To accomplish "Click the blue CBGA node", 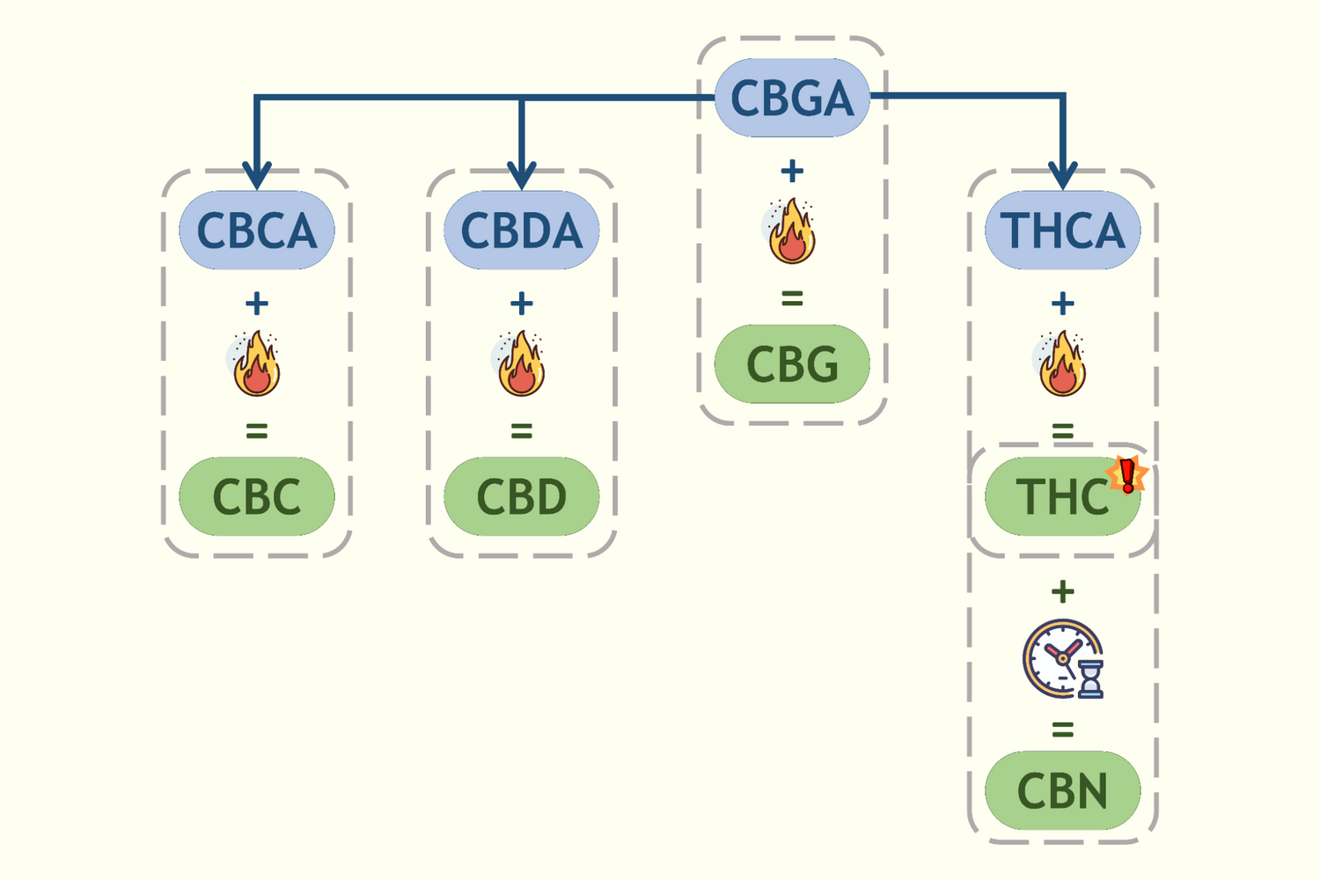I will pyautogui.click(x=792, y=98).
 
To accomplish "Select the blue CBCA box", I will pyautogui.click(x=256, y=231).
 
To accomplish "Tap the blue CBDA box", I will pyautogui.click(x=521, y=231).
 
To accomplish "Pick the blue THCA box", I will pyautogui.click(x=1062, y=231).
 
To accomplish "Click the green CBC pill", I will pyautogui.click(x=256, y=496).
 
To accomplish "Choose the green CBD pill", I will pyautogui.click(x=521, y=496).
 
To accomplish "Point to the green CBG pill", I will pyautogui.click(x=792, y=364).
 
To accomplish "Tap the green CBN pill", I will pyautogui.click(x=1062, y=790).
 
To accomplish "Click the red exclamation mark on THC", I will pyautogui.click(x=1127, y=475).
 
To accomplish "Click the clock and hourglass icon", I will pyautogui.click(x=1063, y=659).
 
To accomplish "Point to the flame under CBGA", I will pyautogui.click(x=791, y=231).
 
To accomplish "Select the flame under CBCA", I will pyautogui.click(x=256, y=363).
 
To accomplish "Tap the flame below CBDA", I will pyautogui.click(x=521, y=363).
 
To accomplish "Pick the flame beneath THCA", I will pyautogui.click(x=1062, y=363).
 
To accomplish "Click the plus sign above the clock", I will pyautogui.click(x=1062, y=591).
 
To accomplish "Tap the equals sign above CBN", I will pyautogui.click(x=1062, y=730).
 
